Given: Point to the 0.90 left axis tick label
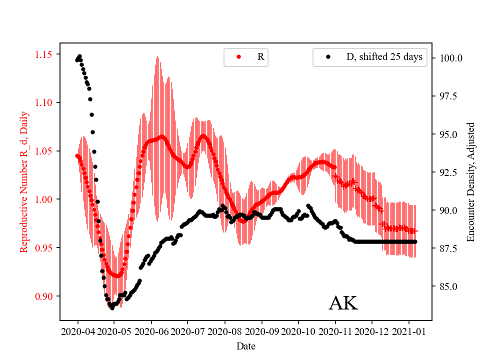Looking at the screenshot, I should (x=45, y=296).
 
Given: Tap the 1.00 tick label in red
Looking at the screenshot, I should (x=45, y=199).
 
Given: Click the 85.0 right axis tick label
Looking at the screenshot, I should (x=448, y=286).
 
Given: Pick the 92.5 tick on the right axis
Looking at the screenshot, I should (x=448, y=172).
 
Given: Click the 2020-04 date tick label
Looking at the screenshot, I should (x=77, y=331).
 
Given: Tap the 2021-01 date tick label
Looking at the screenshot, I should (x=408, y=331).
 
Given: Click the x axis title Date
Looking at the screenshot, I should (x=245, y=345).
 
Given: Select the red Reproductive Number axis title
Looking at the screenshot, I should (x=23, y=182).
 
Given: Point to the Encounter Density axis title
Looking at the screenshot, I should (x=470, y=182).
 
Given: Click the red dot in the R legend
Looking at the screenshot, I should (x=238, y=57).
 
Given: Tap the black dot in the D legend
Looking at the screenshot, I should (x=328, y=57).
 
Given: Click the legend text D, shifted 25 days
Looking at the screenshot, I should (x=384, y=57).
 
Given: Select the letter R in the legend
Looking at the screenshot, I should (x=260, y=57).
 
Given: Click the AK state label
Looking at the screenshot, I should (x=343, y=303).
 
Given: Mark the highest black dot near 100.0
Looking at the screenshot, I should (x=79, y=56).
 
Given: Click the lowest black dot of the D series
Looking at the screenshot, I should (x=112, y=308).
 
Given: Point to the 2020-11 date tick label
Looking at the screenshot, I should (x=335, y=331).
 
